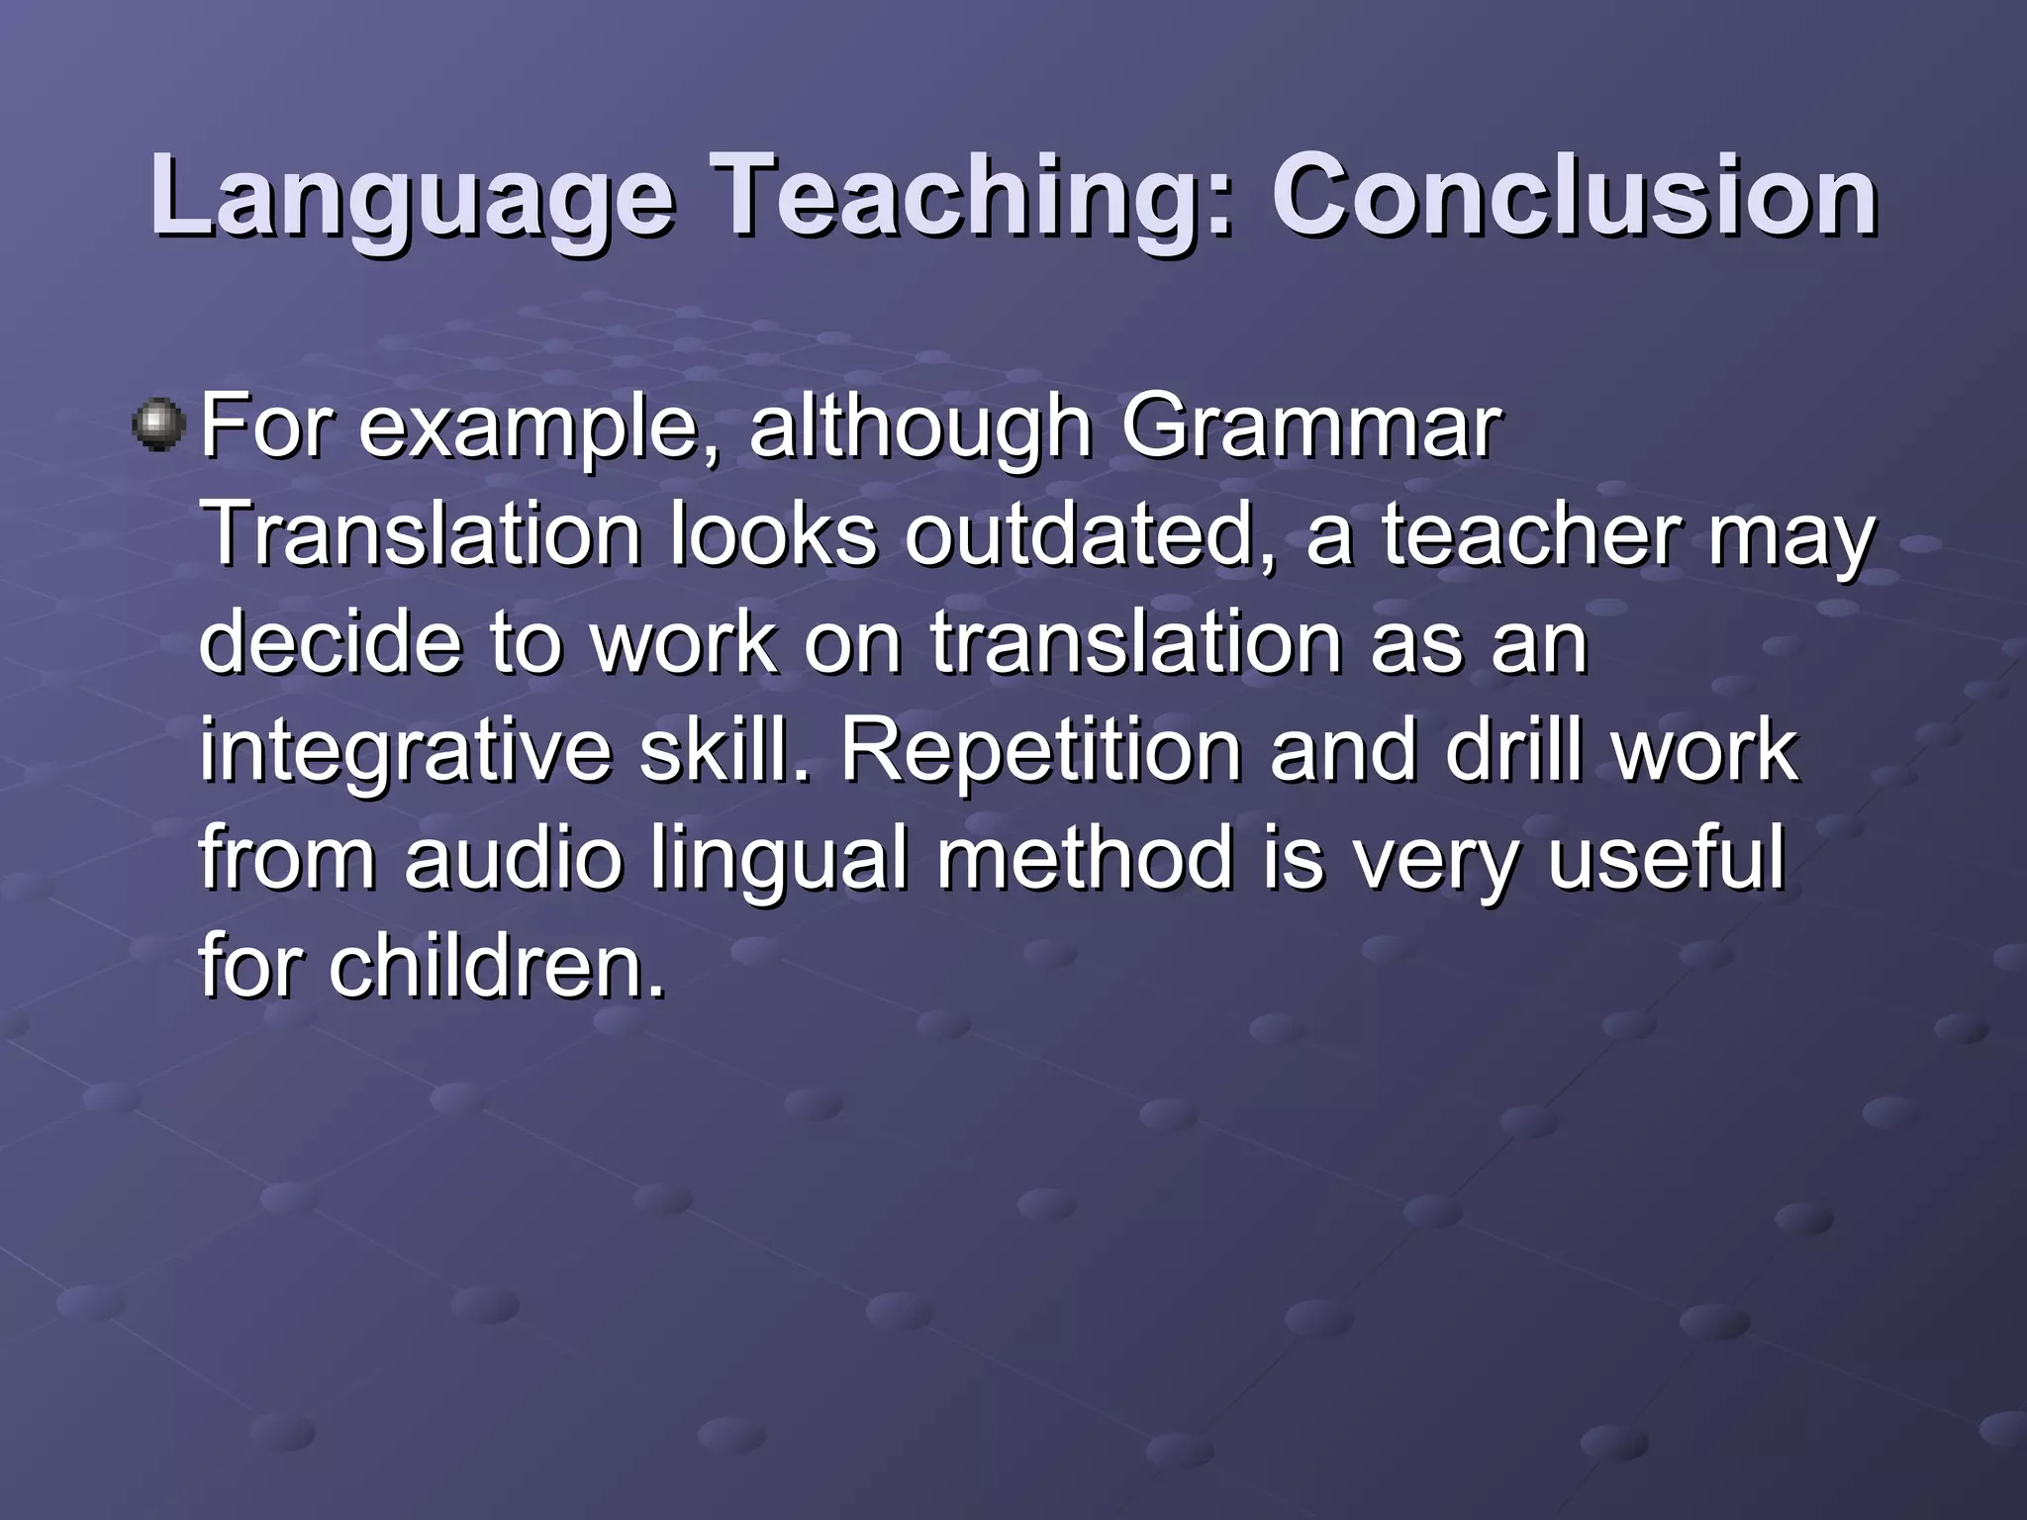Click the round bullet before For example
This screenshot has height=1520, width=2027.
pyautogui.click(x=158, y=427)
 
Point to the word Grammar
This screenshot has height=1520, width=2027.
pyautogui.click(x=1311, y=427)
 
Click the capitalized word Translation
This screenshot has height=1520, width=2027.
pyautogui.click(x=422, y=535)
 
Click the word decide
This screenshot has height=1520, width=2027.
pyautogui.click(x=331, y=642)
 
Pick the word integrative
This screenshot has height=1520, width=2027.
pyautogui.click(x=406, y=750)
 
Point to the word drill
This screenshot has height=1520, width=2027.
pyautogui.click(x=1513, y=750)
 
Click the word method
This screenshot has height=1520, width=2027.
pyautogui.click(x=1085, y=858)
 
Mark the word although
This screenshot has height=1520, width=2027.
pyautogui.click(x=919, y=427)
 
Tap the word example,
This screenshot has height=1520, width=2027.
pyautogui.click(x=540, y=427)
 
